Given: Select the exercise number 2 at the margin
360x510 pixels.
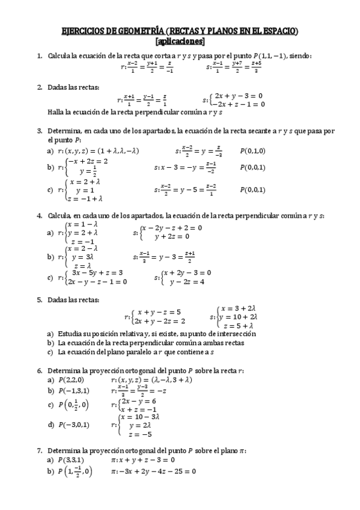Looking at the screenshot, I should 40,87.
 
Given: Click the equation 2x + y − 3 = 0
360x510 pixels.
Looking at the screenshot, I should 239,96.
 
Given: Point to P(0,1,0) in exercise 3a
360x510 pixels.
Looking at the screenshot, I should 252,151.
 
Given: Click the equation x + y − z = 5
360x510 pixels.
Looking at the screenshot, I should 159,312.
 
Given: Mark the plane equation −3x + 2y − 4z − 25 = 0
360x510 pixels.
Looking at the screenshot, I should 154,472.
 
